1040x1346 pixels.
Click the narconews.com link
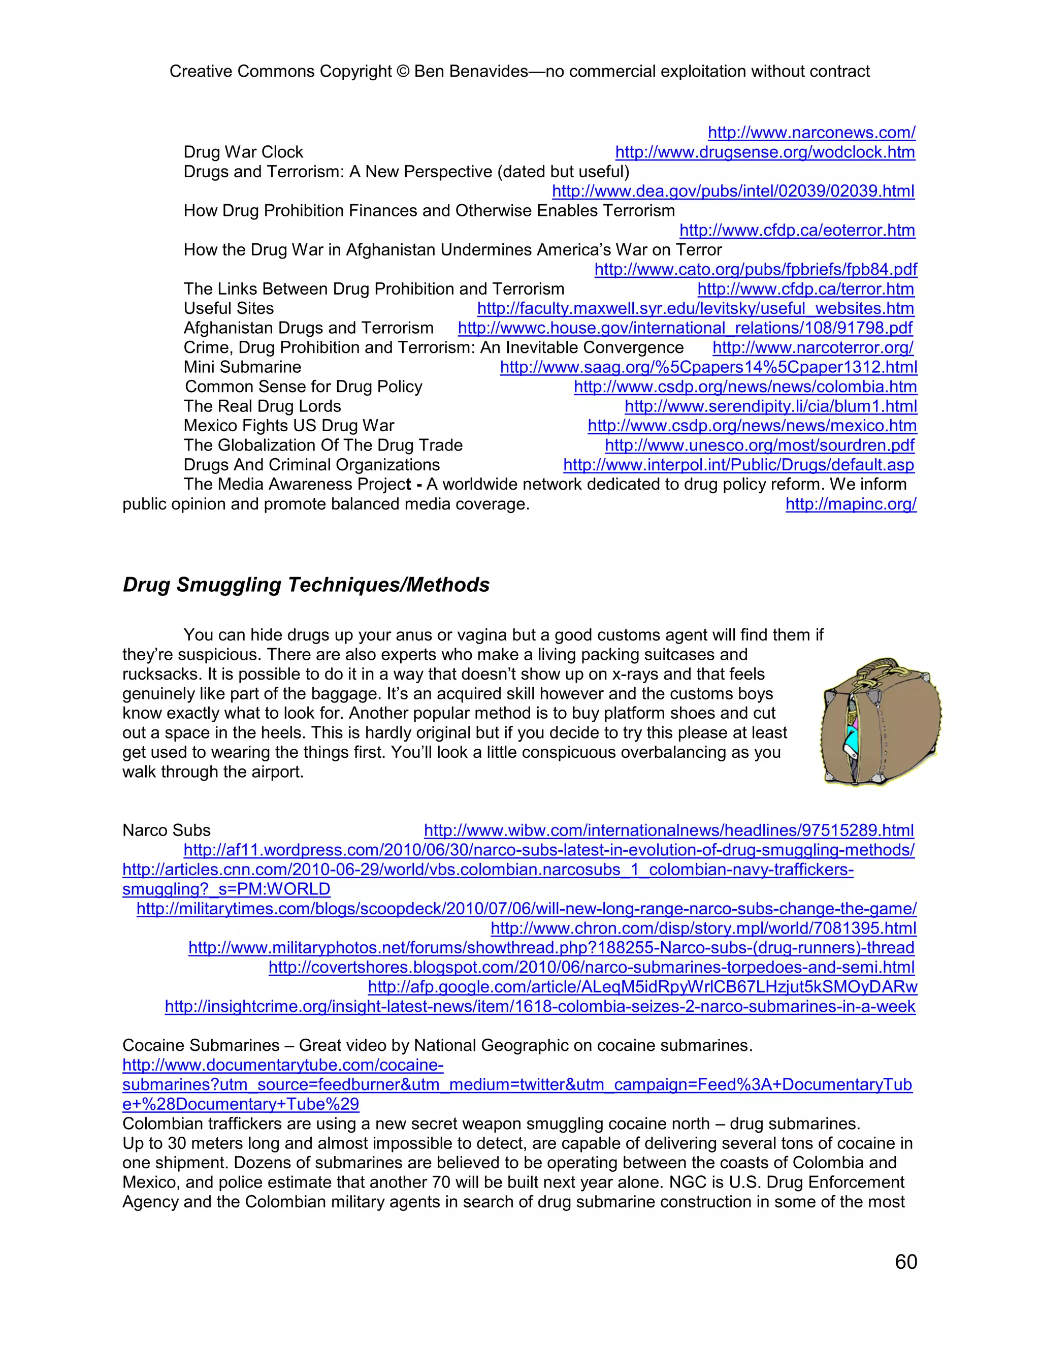pyautogui.click(x=811, y=133)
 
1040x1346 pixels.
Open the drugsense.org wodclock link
pyautogui.click(x=765, y=152)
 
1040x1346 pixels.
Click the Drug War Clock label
pyautogui.click(x=243, y=152)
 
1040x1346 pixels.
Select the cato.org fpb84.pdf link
pyautogui.click(x=755, y=269)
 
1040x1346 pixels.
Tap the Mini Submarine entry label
pyautogui.click(x=242, y=367)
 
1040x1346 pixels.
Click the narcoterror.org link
pyautogui.click(x=812, y=347)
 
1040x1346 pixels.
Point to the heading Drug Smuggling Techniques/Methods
pyautogui.click(x=306, y=585)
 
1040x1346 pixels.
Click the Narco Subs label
pyautogui.click(x=167, y=830)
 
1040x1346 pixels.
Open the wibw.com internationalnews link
pyautogui.click(x=668, y=830)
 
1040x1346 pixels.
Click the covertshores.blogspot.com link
pyautogui.click(x=591, y=967)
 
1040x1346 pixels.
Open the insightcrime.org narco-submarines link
pyautogui.click(x=540, y=1006)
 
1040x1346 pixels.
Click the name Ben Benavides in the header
pyautogui.click(x=471, y=72)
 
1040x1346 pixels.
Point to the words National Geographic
pyautogui.click(x=491, y=1045)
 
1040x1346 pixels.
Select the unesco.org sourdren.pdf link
pyautogui.click(x=759, y=445)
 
